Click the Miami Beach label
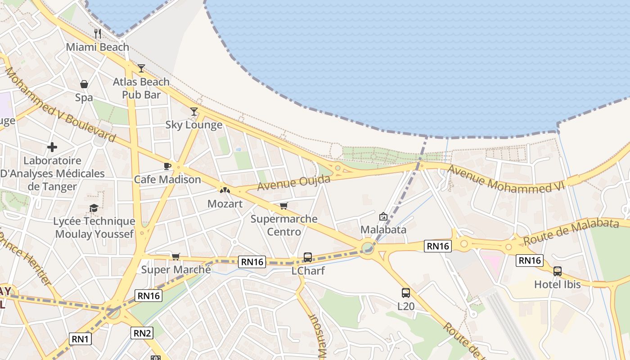[97, 47]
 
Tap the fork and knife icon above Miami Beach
[97, 33]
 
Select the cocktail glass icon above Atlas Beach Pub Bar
[141, 68]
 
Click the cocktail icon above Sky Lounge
[194, 111]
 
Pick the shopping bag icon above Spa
[84, 84]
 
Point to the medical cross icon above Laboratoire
[52, 147]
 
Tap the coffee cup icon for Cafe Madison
[167, 166]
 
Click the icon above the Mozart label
[225, 190]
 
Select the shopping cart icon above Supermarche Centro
[283, 206]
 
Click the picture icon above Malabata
[383, 216]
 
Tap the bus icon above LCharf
[308, 257]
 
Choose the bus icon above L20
[406, 293]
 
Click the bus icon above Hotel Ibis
[558, 271]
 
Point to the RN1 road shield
[80, 339]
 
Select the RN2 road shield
[142, 333]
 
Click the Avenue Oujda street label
[294, 183]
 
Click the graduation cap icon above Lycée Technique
[94, 208]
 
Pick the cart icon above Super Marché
[175, 256]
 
